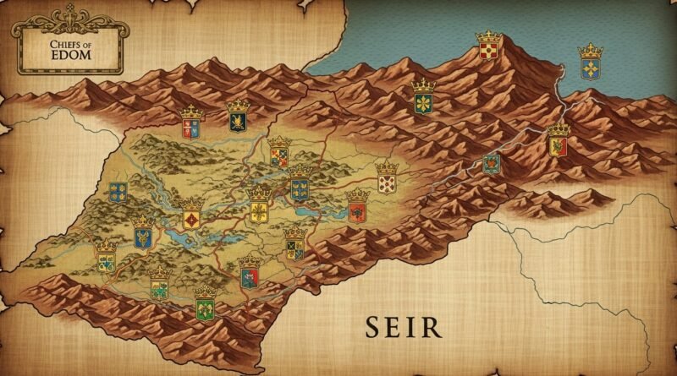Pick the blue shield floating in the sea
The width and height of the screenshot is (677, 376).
[x=590, y=68]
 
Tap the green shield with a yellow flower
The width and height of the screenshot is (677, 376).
[x=422, y=103]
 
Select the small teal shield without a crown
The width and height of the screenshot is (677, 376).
[x=491, y=163]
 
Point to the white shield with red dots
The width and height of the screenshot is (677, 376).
[x=387, y=182]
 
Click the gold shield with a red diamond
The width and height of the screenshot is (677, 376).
[x=192, y=219]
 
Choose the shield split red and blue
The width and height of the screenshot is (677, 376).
[x=190, y=128]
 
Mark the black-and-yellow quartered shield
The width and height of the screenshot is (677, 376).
[x=294, y=247]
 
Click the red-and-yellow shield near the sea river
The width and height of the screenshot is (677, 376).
[x=558, y=146]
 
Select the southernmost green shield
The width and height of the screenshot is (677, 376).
[x=204, y=308]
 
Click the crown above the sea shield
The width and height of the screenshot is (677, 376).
[x=590, y=50]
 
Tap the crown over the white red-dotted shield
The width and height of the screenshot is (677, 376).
[x=387, y=165]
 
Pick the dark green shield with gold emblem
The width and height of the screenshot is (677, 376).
[x=239, y=122]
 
